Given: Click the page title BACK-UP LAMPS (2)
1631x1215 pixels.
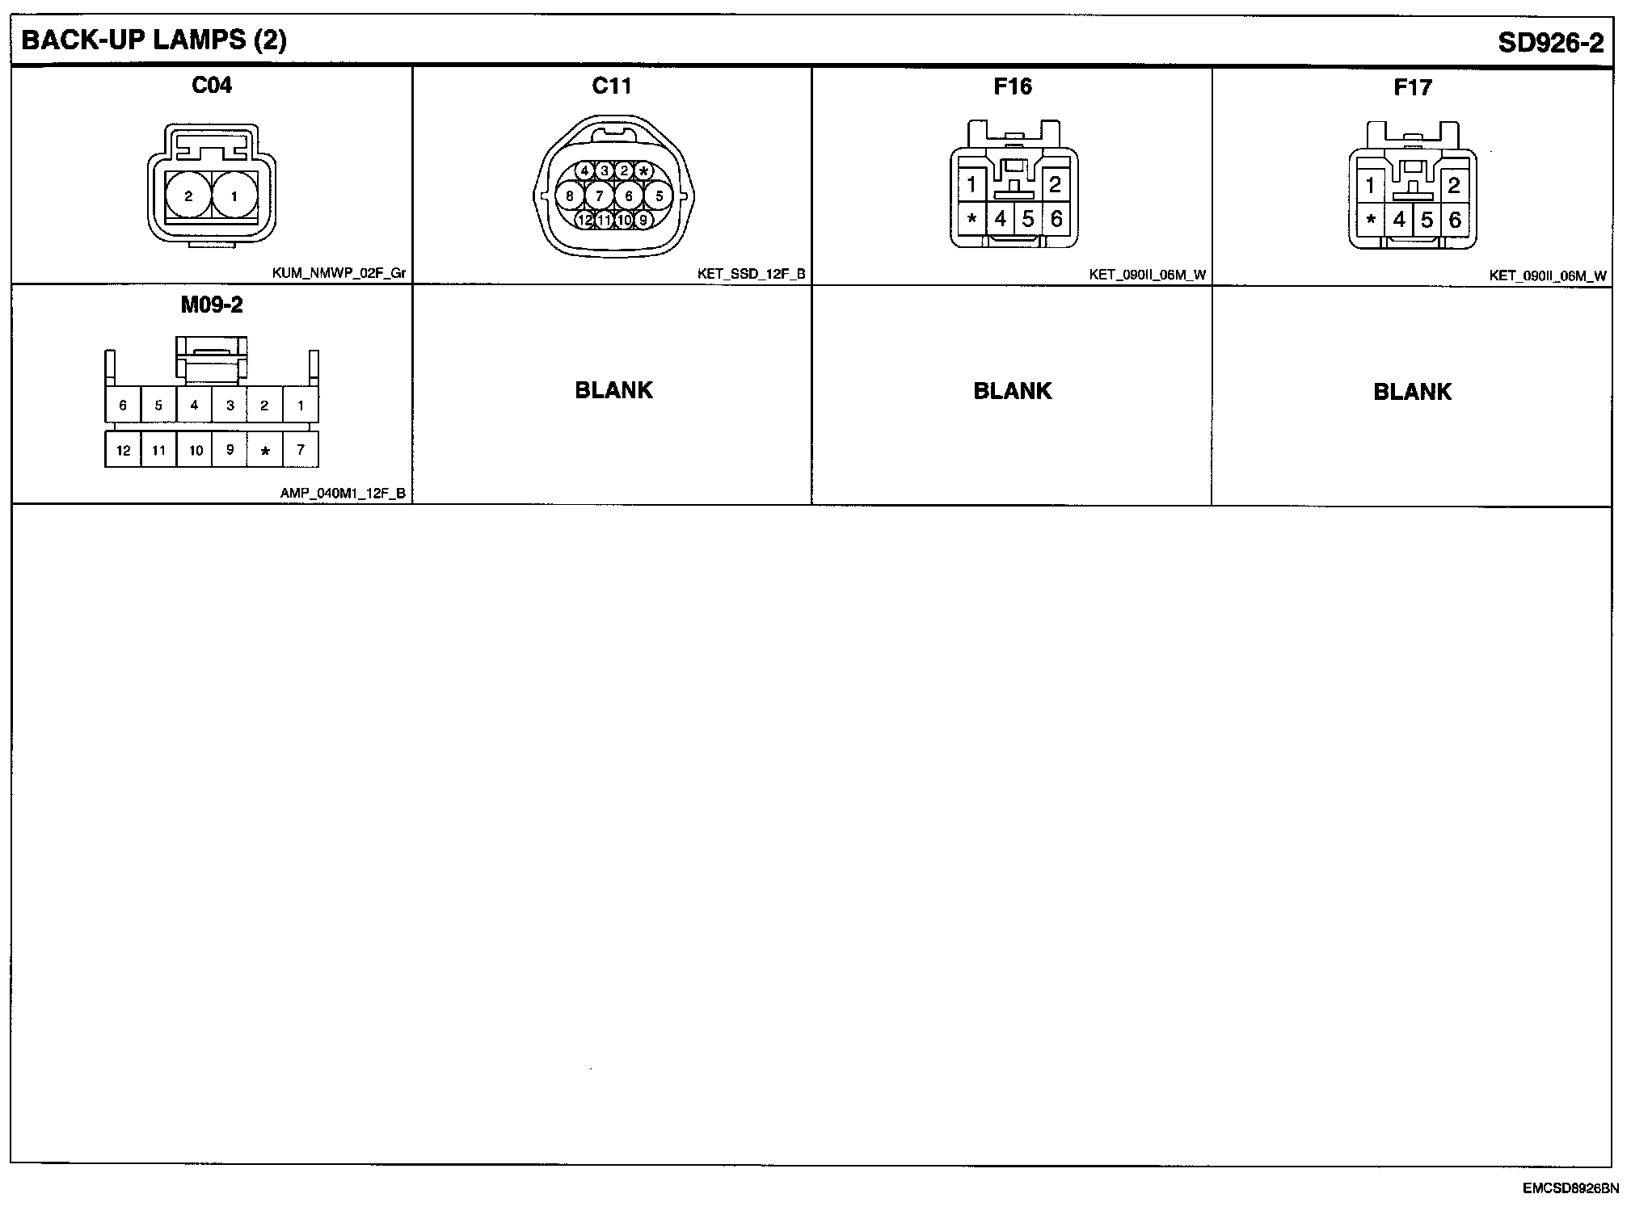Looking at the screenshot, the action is [154, 40].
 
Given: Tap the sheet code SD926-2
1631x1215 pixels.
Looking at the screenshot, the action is [1550, 43].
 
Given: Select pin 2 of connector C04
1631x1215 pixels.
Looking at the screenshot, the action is [188, 195].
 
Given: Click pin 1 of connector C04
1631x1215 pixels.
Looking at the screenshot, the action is [234, 195].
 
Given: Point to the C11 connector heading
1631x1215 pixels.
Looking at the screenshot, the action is [611, 86].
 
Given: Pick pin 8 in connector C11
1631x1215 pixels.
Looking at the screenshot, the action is [570, 195].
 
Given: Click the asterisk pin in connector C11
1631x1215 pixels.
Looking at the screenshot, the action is [643, 171].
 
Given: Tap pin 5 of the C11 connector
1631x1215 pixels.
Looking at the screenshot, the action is [659, 195].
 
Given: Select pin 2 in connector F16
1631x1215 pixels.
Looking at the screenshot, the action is [1054, 185].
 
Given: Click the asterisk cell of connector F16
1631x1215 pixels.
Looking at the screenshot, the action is [971, 219].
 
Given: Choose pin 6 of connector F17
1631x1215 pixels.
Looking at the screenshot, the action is [1455, 220].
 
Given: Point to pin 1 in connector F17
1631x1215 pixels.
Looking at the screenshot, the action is [1370, 186].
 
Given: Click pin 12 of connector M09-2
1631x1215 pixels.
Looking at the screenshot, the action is [123, 450].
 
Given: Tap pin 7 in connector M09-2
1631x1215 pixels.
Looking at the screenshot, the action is [301, 449].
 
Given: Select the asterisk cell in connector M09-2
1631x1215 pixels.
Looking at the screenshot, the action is [265, 451].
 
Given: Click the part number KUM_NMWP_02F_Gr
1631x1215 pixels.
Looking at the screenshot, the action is [339, 273].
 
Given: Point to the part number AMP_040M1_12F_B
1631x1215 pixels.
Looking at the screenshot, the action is [343, 493].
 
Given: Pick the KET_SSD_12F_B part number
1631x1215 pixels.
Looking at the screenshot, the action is [751, 274].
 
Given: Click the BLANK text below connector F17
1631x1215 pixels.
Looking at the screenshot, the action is [1412, 392].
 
